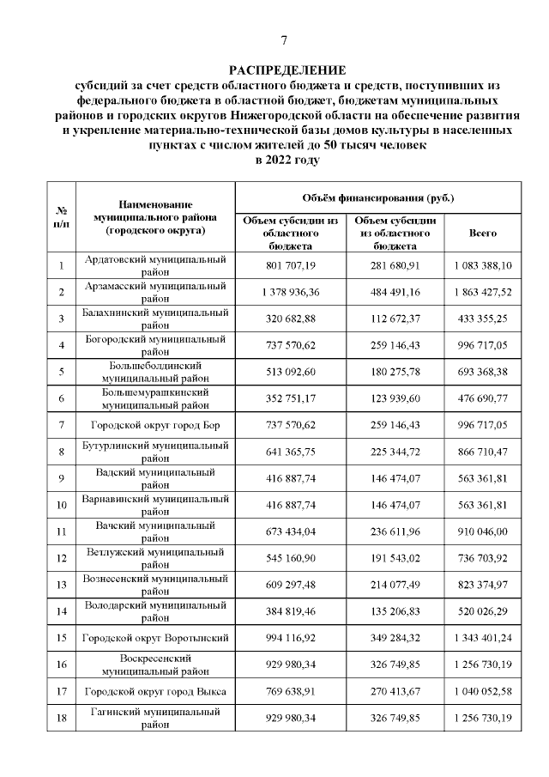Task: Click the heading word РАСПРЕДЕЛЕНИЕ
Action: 287,70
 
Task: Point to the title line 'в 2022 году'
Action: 287,160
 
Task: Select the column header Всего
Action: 482,233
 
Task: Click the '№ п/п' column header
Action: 62,217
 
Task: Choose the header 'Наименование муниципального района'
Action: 155,217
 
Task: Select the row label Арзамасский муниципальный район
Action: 155,292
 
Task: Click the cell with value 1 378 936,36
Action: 290,292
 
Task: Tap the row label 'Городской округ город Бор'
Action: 155,425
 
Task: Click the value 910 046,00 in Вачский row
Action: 482,531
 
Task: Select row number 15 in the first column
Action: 62,638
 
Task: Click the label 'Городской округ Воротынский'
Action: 155,638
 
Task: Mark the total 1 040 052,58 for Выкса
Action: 482,691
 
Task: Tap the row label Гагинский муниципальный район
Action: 155,718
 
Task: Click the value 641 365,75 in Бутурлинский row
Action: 290,452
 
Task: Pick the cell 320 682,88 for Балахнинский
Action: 290,319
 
